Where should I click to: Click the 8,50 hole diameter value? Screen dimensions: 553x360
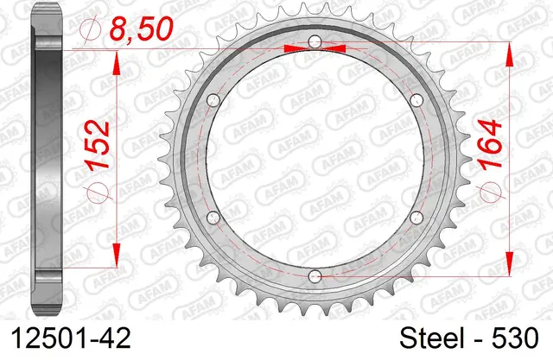[x=141, y=28]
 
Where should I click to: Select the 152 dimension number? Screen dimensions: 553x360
[x=98, y=146]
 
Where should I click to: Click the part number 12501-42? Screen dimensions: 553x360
[x=71, y=338]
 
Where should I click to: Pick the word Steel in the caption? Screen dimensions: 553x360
[x=432, y=338]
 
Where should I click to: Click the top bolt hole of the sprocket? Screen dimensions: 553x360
[x=315, y=42]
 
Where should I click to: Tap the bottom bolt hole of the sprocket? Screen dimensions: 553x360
[x=315, y=276]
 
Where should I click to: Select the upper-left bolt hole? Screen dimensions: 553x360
[x=213, y=100]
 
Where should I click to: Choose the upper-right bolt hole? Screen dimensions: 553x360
[x=416, y=100]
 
